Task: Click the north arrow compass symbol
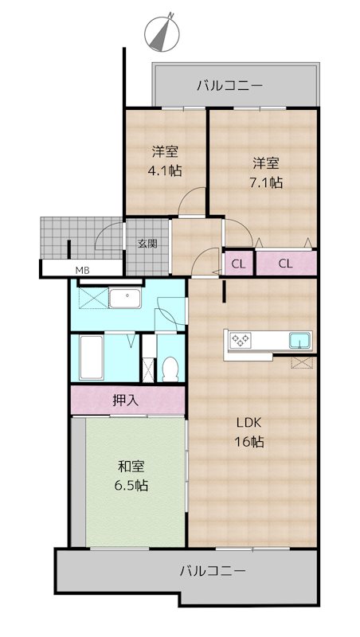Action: tap(162, 33)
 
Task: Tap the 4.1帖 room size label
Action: tap(165, 170)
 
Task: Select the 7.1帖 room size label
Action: tap(266, 183)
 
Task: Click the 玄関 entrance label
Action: tap(147, 244)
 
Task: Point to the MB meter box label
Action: tap(82, 269)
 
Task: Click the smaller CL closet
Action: tap(239, 264)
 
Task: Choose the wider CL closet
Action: tap(286, 264)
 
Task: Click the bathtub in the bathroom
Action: tap(91, 358)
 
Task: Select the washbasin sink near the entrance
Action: tap(125, 298)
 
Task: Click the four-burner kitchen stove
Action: tap(241, 340)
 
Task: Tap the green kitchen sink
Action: tap(299, 341)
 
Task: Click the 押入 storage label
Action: tap(126, 401)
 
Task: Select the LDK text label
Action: tap(248, 423)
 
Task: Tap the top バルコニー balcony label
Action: tap(230, 86)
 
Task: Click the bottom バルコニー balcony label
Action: tap(213, 571)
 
